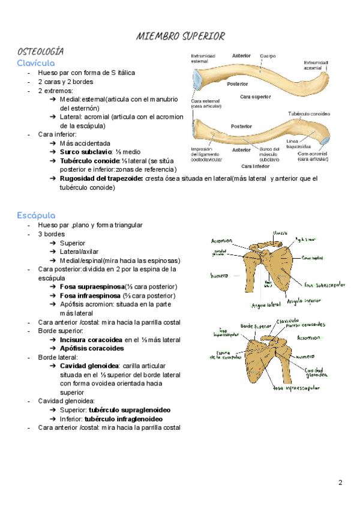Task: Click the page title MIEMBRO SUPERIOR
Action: [x=181, y=36]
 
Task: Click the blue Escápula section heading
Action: [x=37, y=215]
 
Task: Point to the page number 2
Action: [x=340, y=482]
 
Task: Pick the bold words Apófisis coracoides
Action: [x=92, y=348]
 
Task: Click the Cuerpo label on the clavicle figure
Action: [x=268, y=56]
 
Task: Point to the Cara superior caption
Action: [x=255, y=96]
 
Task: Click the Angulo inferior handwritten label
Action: [x=304, y=301]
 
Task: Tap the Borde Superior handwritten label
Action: [x=256, y=326]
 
